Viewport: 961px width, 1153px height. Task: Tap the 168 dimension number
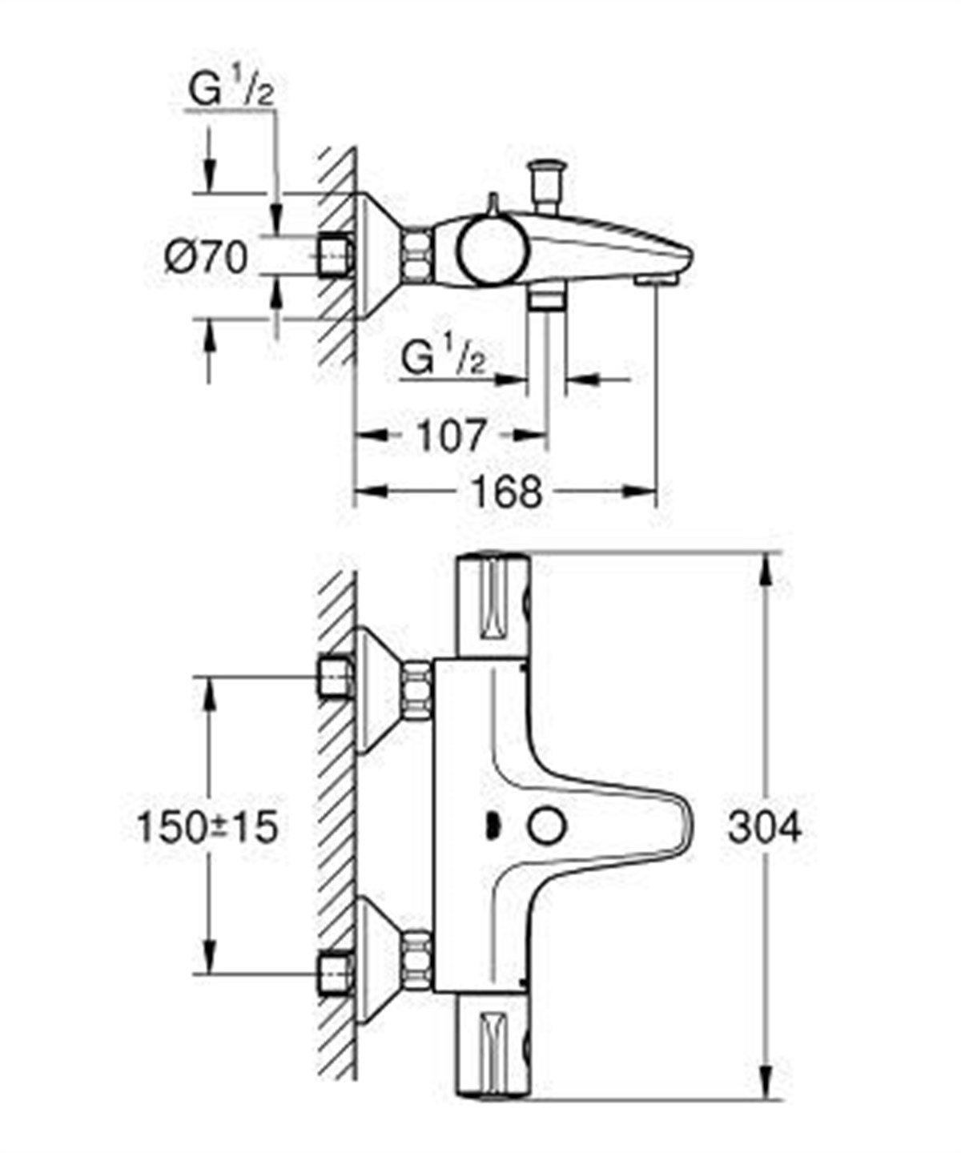tap(505, 491)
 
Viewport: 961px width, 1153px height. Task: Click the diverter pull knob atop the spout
tap(549, 180)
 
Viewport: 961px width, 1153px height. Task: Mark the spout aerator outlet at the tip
tap(656, 279)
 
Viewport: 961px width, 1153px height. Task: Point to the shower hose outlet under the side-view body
tap(547, 299)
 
